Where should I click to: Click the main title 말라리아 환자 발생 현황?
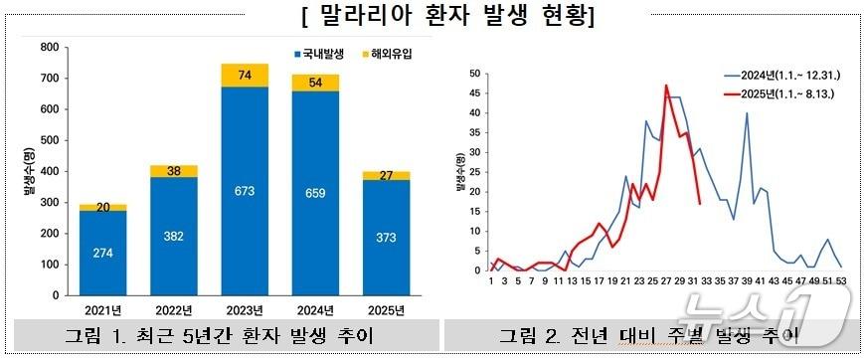pos(432,17)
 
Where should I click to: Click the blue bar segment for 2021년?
pos(103,253)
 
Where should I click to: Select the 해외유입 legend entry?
pos(389,52)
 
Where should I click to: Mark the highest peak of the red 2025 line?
pos(666,86)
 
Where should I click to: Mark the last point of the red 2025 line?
pos(700,204)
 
